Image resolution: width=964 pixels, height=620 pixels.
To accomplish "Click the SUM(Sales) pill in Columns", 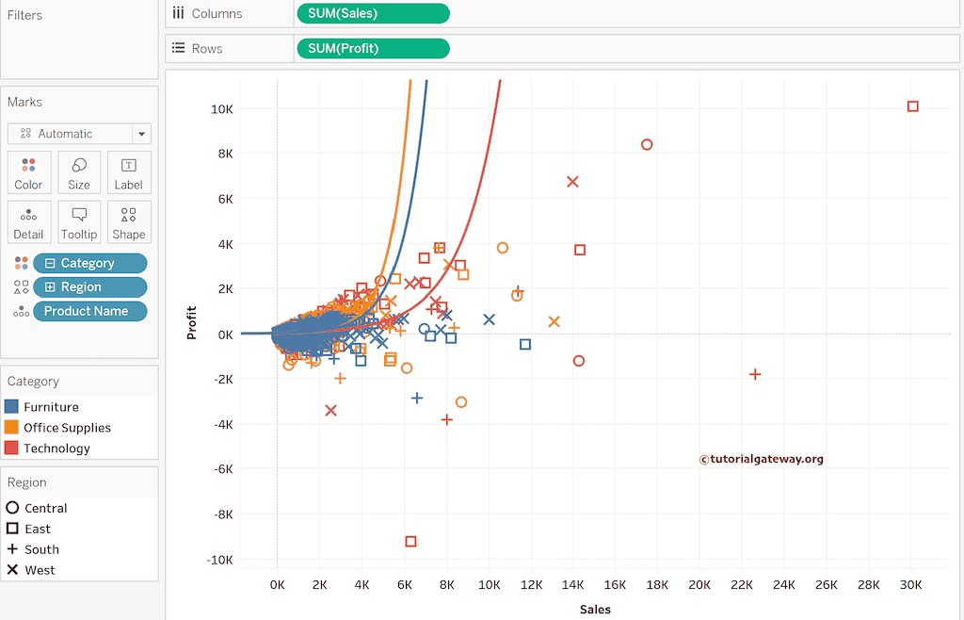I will click(373, 13).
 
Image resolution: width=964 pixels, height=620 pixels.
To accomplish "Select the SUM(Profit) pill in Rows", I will click(373, 48).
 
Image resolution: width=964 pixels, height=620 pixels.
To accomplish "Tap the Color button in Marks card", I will click(29, 172).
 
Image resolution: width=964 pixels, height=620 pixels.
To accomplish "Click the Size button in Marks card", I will click(79, 172).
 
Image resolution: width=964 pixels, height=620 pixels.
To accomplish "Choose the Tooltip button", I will click(79, 222).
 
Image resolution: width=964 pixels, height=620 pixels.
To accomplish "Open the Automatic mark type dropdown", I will click(78, 134).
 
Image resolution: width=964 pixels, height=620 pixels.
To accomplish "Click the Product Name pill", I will click(90, 311).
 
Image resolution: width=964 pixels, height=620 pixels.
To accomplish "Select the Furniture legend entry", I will click(51, 407).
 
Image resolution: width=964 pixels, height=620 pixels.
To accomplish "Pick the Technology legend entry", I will click(56, 449).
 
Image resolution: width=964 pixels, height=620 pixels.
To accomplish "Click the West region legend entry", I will click(40, 570).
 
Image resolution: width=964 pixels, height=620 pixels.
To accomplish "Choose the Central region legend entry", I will click(45, 508).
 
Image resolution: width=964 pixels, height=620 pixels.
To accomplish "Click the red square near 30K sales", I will click(912, 106).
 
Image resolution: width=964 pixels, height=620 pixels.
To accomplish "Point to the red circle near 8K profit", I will click(647, 144).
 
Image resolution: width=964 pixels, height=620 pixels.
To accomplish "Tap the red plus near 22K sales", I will click(754, 374).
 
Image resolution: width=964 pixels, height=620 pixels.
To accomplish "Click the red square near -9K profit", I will click(410, 541).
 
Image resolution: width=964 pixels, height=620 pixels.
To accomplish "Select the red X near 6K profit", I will click(572, 181).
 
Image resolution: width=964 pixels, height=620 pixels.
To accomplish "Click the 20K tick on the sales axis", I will click(699, 585).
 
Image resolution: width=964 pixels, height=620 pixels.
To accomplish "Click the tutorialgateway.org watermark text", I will click(762, 459).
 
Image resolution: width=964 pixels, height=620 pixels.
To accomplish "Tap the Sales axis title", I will click(595, 610).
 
